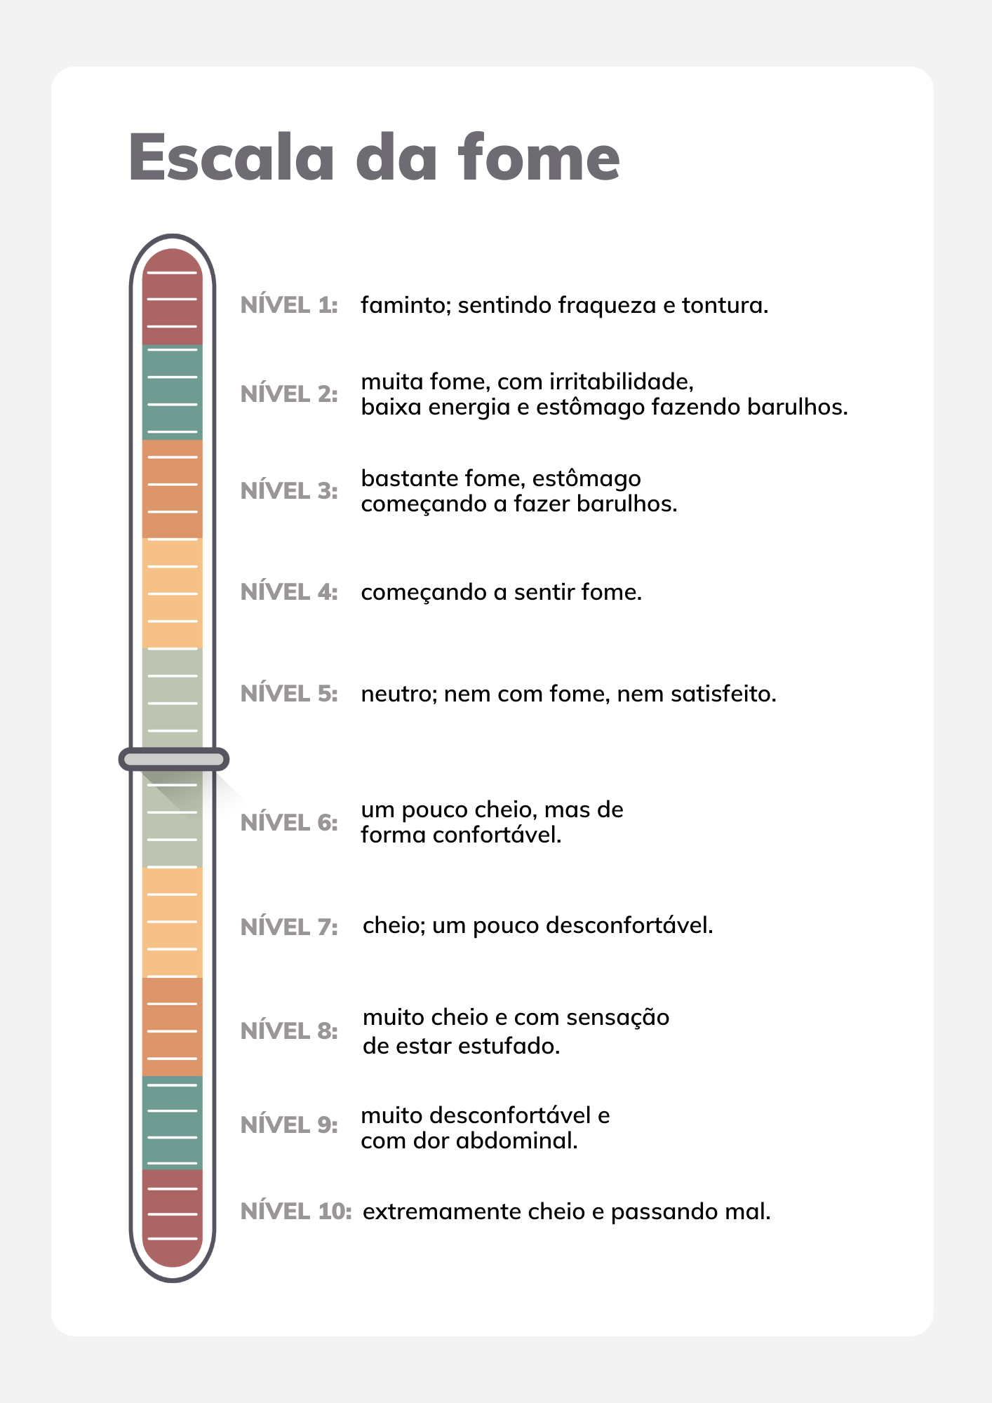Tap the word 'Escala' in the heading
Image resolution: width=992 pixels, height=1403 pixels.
tap(232, 159)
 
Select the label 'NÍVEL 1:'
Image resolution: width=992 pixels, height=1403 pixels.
tap(289, 305)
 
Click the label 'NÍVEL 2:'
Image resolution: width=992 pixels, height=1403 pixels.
tap(289, 394)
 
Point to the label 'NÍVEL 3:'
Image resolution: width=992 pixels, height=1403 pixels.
tap(289, 491)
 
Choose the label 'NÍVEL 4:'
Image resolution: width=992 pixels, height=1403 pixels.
tap(289, 592)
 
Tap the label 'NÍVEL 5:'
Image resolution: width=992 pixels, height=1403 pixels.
tap(289, 694)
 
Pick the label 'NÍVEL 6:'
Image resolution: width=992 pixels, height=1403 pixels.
tap(289, 822)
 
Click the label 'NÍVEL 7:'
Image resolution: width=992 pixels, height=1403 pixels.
tap(289, 927)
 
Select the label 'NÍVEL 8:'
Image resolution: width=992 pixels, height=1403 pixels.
tap(289, 1031)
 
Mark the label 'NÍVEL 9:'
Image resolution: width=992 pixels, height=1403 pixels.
tap(289, 1125)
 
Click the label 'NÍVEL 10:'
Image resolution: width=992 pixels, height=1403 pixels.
tap(295, 1211)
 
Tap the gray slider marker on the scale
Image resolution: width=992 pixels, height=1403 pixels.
tap(173, 759)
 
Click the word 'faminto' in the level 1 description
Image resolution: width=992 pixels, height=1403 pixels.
tap(405, 306)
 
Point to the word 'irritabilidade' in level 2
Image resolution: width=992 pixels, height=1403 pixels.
tap(621, 382)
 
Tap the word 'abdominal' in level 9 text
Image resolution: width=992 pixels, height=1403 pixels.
tap(516, 1141)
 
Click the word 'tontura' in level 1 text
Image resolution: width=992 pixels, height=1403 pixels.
tap(724, 306)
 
